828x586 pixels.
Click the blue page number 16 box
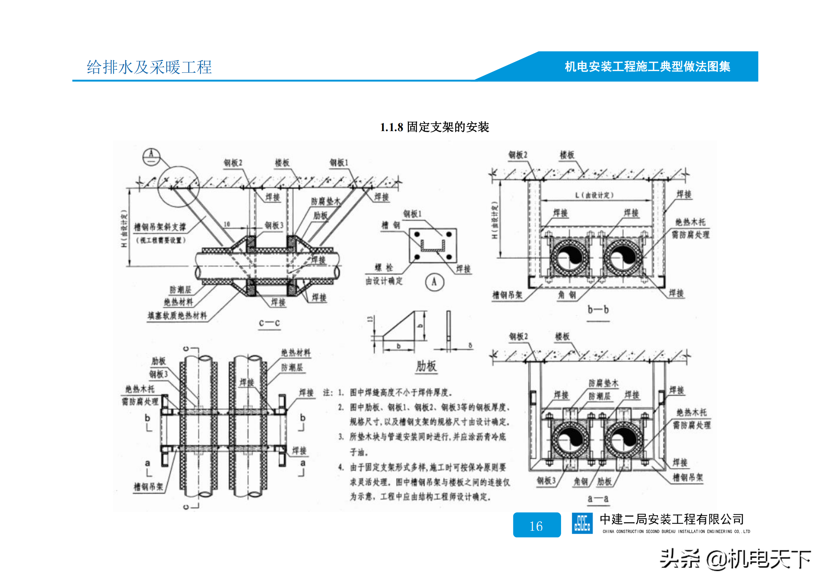[x=537, y=525]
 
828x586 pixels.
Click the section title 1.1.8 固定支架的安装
[x=435, y=127]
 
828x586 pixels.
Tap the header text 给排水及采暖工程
[x=149, y=67]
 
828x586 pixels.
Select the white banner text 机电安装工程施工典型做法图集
[x=647, y=67]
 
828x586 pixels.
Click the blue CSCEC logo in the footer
[x=582, y=523]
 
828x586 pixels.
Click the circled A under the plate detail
[x=434, y=282]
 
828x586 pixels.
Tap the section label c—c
[x=269, y=323]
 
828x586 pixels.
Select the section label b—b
[x=598, y=310]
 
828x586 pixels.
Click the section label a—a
[x=598, y=499]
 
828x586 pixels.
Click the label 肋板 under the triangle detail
[x=426, y=366]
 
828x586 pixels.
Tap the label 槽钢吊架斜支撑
[x=160, y=227]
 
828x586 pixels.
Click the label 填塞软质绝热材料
[x=177, y=316]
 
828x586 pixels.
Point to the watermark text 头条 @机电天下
[x=735, y=559]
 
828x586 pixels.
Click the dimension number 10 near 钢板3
[x=227, y=224]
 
